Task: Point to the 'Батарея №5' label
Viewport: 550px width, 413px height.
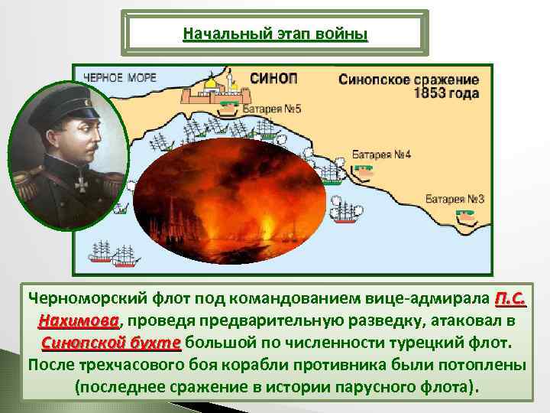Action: [x=272, y=109]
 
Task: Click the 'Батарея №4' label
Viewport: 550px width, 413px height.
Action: [x=382, y=154]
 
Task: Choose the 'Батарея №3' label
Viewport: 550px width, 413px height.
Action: [x=455, y=198]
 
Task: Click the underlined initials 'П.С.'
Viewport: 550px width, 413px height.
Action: [x=510, y=297]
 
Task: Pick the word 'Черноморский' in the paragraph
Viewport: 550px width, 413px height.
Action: [x=92, y=297]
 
